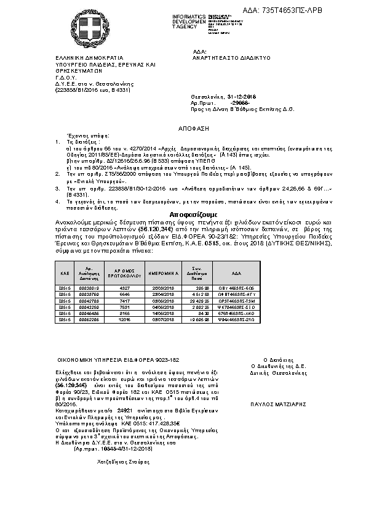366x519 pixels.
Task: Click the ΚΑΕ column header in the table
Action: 64,272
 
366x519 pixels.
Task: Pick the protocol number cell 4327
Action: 124,287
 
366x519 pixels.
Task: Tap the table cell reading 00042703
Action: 90,300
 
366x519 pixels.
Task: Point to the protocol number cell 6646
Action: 124,294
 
